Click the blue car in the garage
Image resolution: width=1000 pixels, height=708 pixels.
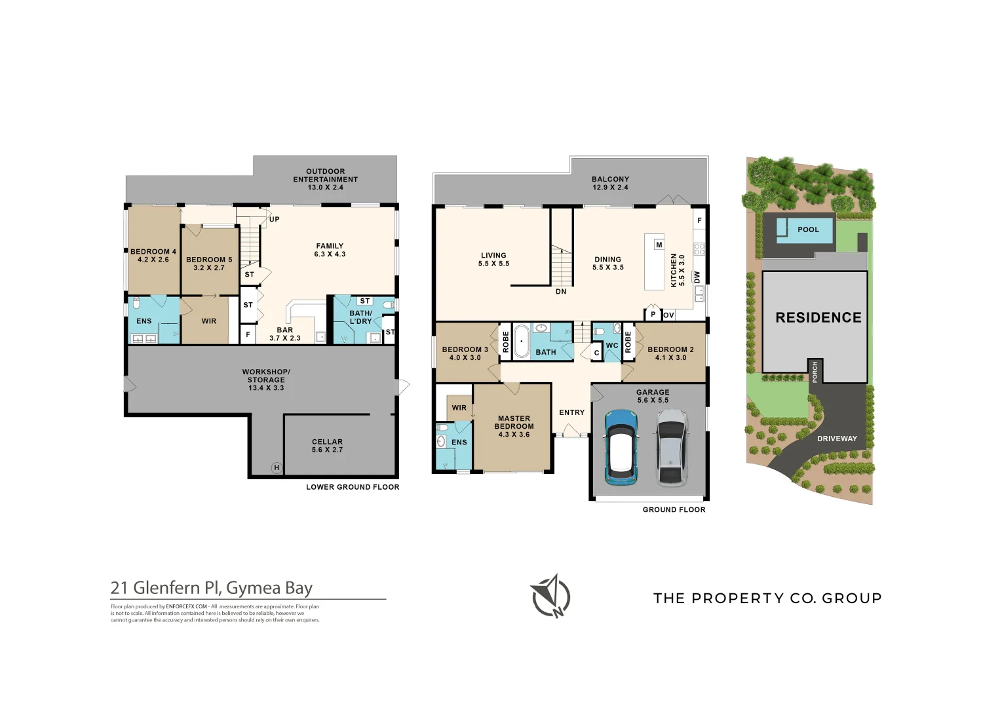pos(620,447)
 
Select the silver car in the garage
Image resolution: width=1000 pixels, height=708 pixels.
pos(671,447)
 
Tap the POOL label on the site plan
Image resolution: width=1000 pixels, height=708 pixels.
pos(807,230)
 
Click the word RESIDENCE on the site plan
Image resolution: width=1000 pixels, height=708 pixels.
pos(818,318)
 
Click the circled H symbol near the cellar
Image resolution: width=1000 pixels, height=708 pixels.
pos(277,467)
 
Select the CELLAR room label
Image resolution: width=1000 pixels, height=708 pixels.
pos(327,446)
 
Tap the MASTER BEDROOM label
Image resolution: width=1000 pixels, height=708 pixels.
pos(514,426)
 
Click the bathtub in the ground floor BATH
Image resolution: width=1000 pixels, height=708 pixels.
pos(521,342)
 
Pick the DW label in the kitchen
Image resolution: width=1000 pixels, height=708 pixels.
pos(697,277)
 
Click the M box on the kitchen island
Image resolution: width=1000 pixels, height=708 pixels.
pos(659,245)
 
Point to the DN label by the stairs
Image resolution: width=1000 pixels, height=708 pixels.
pos(561,292)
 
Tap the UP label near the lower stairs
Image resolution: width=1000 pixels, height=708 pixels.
pos(274,220)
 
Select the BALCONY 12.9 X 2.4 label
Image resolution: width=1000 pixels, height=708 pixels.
pos(610,183)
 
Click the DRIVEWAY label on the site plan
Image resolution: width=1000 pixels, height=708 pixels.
pos(837,439)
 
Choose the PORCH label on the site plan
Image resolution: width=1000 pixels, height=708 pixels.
pos(815,372)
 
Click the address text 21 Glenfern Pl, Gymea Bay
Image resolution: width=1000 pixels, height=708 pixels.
pos(211,588)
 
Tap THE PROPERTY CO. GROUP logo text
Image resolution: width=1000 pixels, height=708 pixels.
pos(767,598)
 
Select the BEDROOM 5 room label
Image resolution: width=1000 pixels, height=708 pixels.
pos(209,264)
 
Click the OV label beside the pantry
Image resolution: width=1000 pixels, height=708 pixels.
pos(668,315)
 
